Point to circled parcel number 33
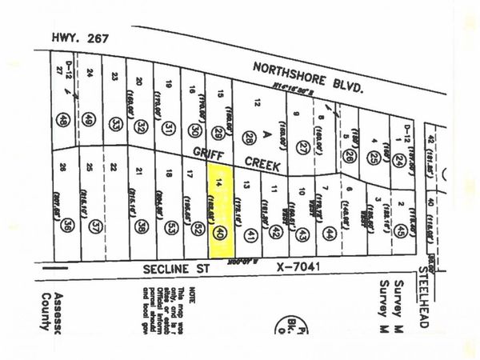pyautogui.click(x=118, y=124)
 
